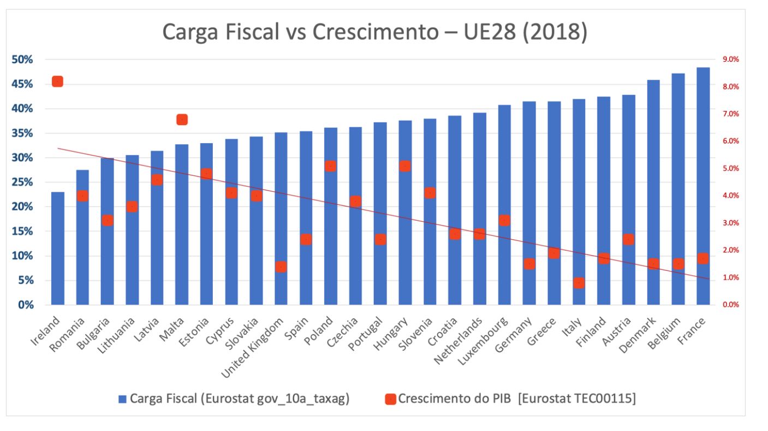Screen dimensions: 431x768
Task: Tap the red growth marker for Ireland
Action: tap(57, 81)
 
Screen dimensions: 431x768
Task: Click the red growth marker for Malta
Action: tap(182, 120)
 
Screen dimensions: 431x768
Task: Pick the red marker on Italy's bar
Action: tap(579, 283)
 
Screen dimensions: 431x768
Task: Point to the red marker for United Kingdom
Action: tap(281, 267)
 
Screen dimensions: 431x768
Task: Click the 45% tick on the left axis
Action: tap(22, 84)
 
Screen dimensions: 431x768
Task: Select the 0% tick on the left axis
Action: tap(25, 305)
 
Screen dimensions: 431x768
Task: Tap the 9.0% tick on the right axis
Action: tap(730, 60)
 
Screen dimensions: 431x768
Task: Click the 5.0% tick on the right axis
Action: tap(730, 168)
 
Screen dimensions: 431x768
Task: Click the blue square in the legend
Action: tap(123, 399)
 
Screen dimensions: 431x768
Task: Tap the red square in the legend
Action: tap(390, 399)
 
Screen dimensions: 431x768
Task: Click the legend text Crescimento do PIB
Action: tap(454, 399)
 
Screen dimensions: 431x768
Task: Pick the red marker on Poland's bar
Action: tap(331, 166)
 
